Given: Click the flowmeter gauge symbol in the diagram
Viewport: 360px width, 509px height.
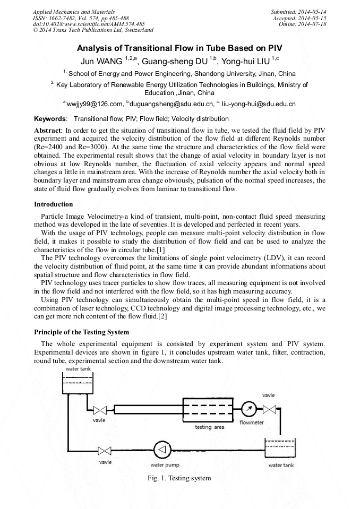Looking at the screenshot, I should [248, 409].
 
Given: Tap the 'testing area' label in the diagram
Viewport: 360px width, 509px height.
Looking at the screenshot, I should [210, 427].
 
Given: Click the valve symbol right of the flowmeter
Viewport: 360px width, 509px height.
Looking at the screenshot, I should [270, 409].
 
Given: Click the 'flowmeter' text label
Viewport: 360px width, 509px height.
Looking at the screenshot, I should [252, 423].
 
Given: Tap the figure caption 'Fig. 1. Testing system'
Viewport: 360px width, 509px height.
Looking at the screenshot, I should [179, 478].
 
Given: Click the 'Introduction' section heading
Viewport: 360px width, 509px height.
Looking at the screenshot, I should [54, 204].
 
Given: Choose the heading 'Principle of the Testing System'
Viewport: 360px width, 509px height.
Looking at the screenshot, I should [81, 332].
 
